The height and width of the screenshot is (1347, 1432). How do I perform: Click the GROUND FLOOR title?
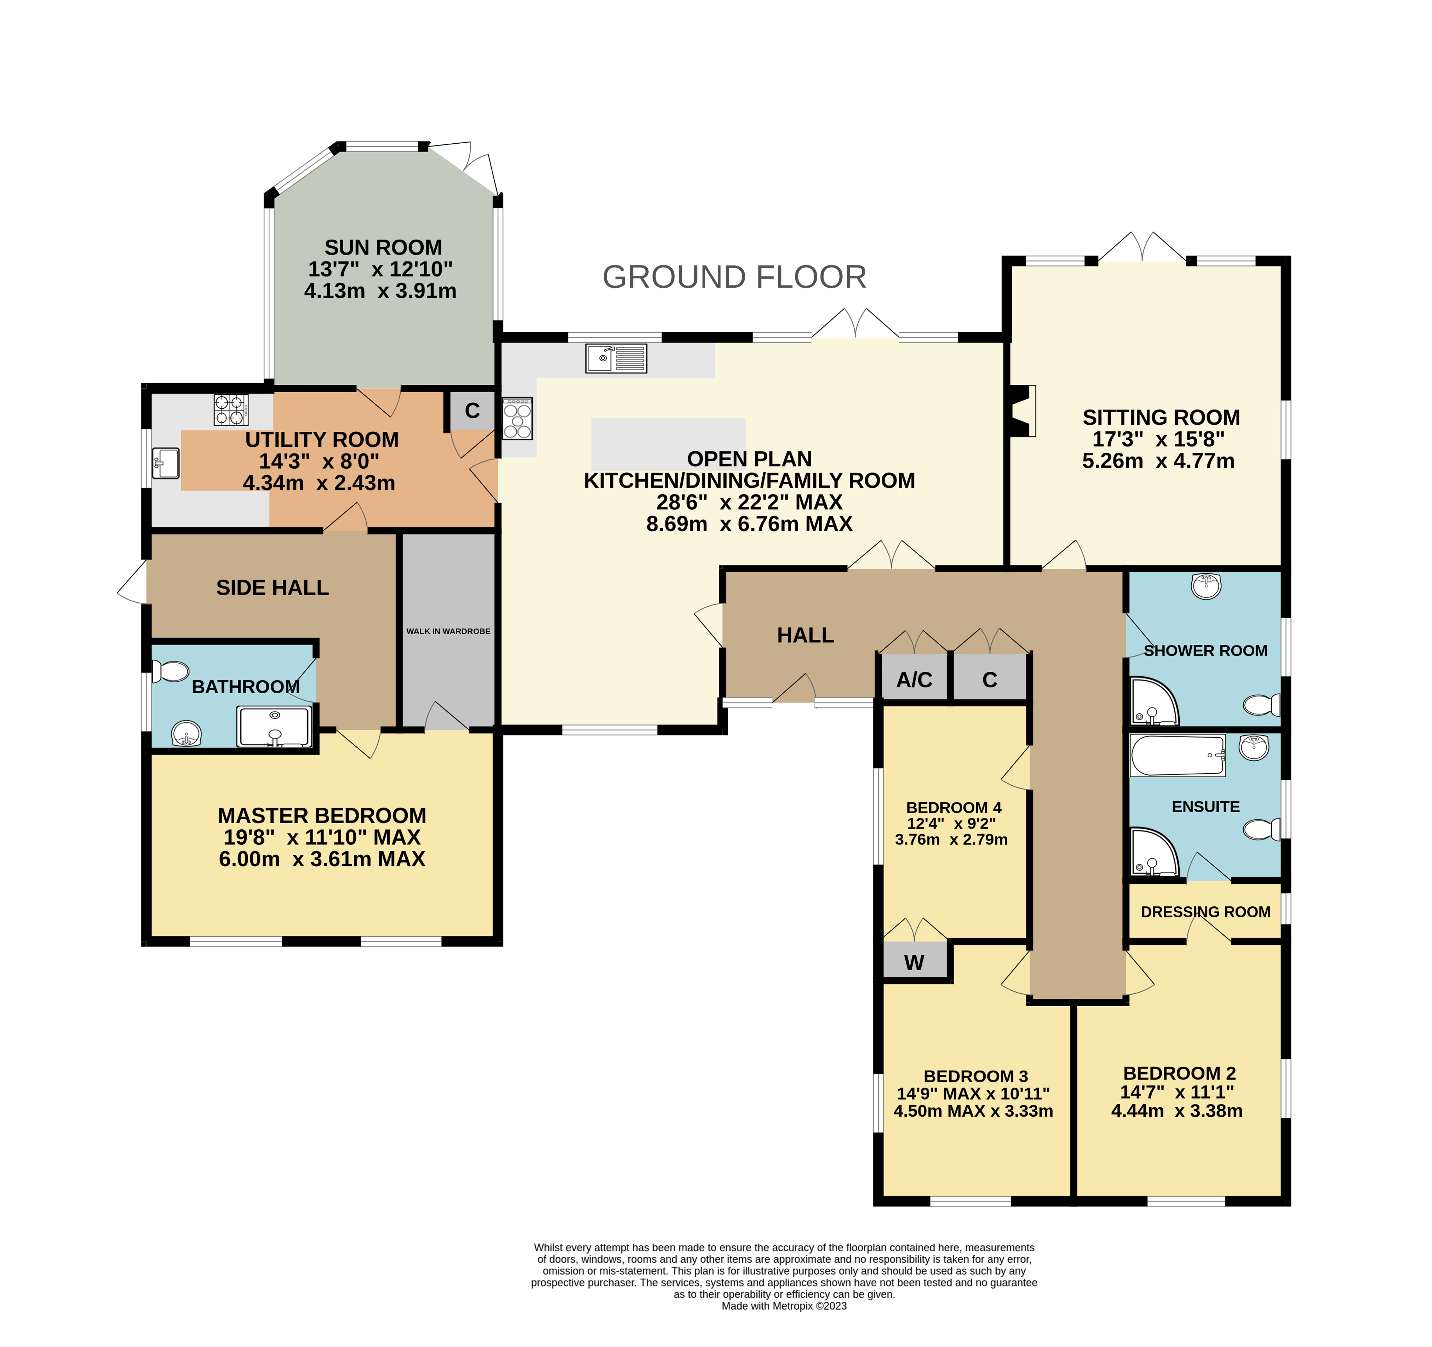734,277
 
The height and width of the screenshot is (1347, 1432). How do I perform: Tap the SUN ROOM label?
383,247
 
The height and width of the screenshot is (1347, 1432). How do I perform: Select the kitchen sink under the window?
617,359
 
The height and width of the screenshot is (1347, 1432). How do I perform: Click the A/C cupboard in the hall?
914,677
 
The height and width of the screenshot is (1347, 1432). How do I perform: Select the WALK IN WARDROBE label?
448,632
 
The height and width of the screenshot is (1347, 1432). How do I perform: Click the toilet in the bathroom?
170,672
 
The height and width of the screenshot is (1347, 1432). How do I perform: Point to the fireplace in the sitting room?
1023,410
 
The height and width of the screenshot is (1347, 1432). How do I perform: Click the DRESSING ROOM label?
1206,912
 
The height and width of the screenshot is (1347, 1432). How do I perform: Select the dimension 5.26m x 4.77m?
1158,461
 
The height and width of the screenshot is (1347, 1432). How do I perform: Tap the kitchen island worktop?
669,443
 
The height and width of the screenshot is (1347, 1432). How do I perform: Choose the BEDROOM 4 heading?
954,808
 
